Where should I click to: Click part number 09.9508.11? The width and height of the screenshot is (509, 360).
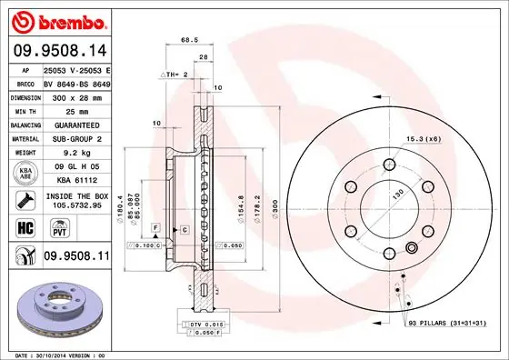point(76,257)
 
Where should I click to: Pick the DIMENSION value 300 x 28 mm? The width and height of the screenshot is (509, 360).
point(76,95)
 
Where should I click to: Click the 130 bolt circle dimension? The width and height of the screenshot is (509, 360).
point(396,194)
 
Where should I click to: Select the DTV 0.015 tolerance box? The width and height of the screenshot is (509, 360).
point(205,325)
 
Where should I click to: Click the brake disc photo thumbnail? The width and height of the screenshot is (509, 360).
point(58,310)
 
